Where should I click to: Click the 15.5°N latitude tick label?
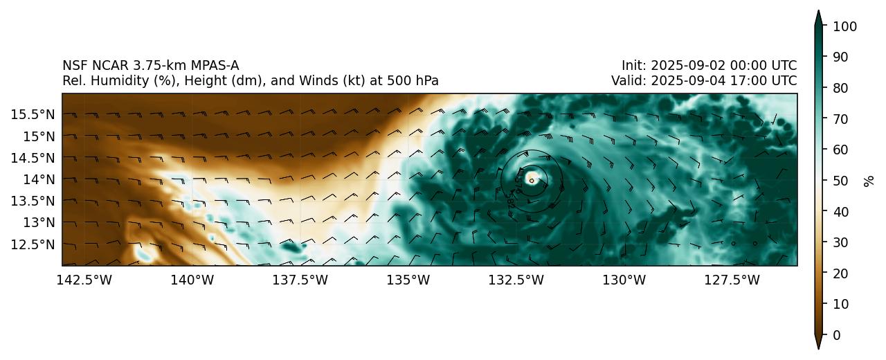[33, 114]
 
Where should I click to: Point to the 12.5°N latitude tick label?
[33, 244]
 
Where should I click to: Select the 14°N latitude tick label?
[37, 179]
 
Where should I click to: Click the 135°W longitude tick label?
[408, 280]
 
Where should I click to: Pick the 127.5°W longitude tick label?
[732, 280]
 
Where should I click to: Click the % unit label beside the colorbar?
[869, 181]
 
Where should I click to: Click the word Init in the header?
[632, 66]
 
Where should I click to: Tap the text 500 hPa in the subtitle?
[413, 81]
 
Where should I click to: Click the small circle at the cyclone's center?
[532, 181]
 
